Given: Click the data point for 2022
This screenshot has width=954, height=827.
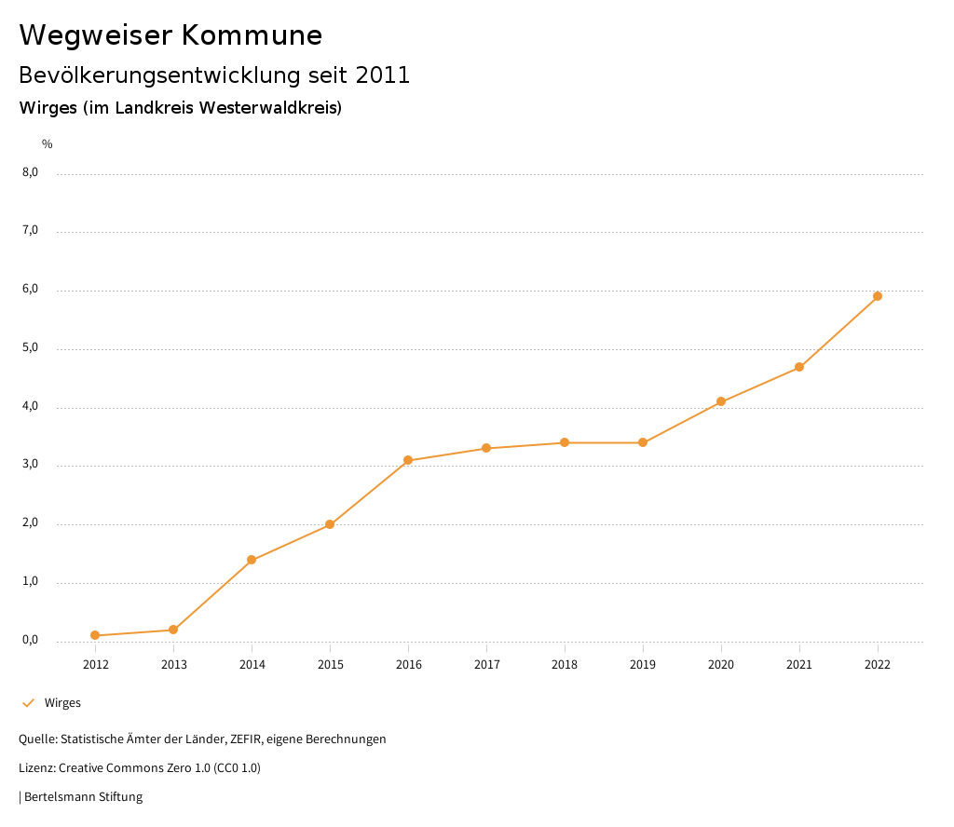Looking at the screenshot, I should click(878, 296).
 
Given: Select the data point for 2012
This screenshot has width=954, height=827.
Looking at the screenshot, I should click(95, 635).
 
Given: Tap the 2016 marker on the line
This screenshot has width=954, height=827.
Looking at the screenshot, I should click(408, 460).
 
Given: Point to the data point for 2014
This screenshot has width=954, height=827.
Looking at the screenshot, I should click(252, 560).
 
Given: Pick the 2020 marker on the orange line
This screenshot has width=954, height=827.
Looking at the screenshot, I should click(721, 401).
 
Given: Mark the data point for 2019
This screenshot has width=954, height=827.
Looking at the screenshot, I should click(643, 442).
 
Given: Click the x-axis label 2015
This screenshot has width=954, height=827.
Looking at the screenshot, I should click(330, 665).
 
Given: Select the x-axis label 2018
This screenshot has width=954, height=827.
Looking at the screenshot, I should click(565, 665).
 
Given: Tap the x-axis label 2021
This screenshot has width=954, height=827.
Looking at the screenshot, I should click(799, 665).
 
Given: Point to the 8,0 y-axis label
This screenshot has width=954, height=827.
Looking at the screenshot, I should click(31, 172).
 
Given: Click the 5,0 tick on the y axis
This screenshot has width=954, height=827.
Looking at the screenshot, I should click(31, 348).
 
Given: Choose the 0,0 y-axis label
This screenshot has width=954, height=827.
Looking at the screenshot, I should click(31, 641).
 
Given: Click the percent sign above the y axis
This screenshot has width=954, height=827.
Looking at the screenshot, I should click(48, 144).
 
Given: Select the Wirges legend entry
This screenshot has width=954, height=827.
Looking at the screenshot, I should click(62, 703).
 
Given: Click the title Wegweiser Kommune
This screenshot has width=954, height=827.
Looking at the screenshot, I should click(170, 35).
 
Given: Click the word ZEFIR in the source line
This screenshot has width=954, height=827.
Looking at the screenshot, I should click(249, 739).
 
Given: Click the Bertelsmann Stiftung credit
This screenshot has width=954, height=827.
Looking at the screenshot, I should click(83, 797).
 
